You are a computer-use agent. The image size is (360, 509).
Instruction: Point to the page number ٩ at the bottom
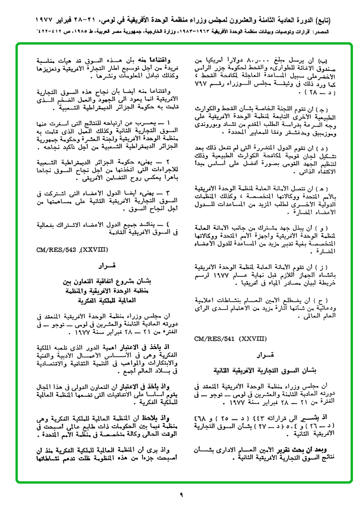[x=181, y=494]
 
